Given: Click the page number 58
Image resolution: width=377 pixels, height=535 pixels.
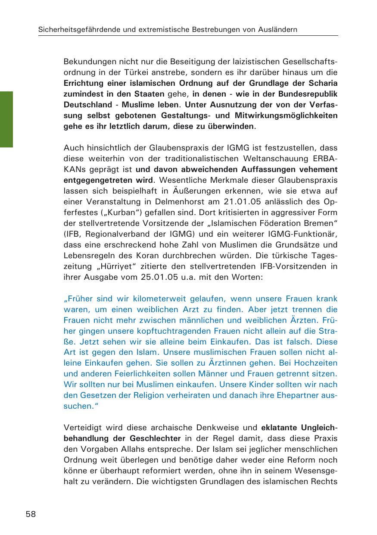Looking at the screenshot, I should pyautogui.click(x=31, y=514).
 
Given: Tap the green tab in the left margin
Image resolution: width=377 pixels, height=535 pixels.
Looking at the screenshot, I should pyautogui.click(x=6, y=119).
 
